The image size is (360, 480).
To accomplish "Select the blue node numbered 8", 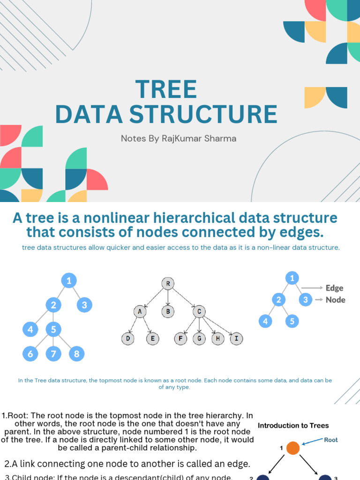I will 76,354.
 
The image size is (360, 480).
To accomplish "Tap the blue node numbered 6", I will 30,354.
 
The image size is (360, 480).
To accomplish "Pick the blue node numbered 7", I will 53,354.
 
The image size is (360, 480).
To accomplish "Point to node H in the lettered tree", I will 217,338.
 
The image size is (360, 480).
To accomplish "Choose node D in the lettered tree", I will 127,338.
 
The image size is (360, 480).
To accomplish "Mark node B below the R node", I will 168,311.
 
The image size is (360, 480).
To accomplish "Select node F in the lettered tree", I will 180,338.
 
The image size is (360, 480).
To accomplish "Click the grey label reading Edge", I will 335,288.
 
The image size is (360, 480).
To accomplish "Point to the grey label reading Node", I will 335,300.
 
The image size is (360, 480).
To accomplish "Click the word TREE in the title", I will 166,89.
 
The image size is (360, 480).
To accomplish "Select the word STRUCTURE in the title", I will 219,114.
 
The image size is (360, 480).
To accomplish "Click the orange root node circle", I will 292,448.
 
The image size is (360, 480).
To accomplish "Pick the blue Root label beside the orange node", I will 331,440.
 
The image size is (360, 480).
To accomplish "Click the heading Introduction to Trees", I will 293,426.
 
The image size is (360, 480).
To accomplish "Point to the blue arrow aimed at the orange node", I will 312,442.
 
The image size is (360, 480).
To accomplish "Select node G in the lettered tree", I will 199,338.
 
